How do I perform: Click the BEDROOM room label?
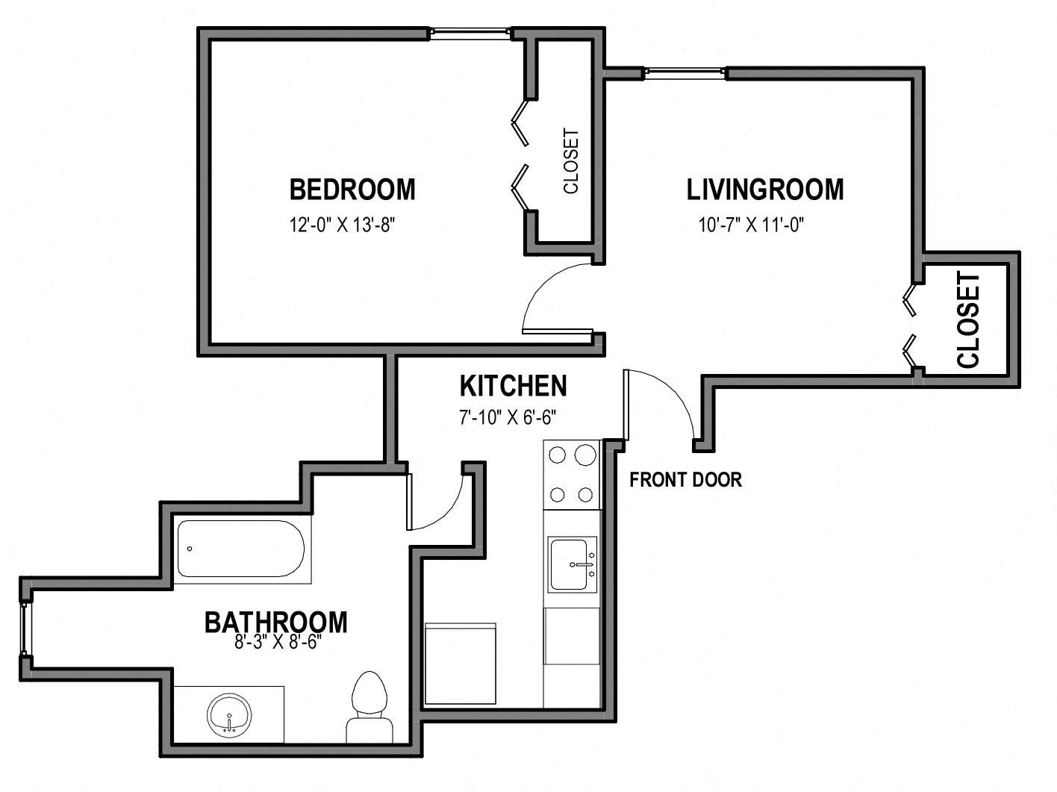click(352, 189)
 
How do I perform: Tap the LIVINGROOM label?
click(764, 189)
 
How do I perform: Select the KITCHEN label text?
click(514, 385)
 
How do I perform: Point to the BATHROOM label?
click(276, 622)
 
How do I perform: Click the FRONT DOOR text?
click(686, 480)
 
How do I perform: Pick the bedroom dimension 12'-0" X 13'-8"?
click(342, 225)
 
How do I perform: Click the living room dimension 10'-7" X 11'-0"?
click(751, 225)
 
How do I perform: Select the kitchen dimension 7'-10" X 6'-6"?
click(508, 417)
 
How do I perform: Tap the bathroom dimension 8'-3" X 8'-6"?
click(278, 642)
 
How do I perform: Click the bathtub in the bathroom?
click(241, 549)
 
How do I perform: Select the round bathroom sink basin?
click(229, 715)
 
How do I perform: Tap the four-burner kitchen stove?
click(572, 475)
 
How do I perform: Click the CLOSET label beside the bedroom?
click(571, 161)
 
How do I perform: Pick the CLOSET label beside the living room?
click(968, 319)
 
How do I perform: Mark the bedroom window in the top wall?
click(470, 32)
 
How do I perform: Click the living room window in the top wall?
click(685, 72)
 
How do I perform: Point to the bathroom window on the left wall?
click(23, 629)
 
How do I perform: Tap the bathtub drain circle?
click(190, 549)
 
